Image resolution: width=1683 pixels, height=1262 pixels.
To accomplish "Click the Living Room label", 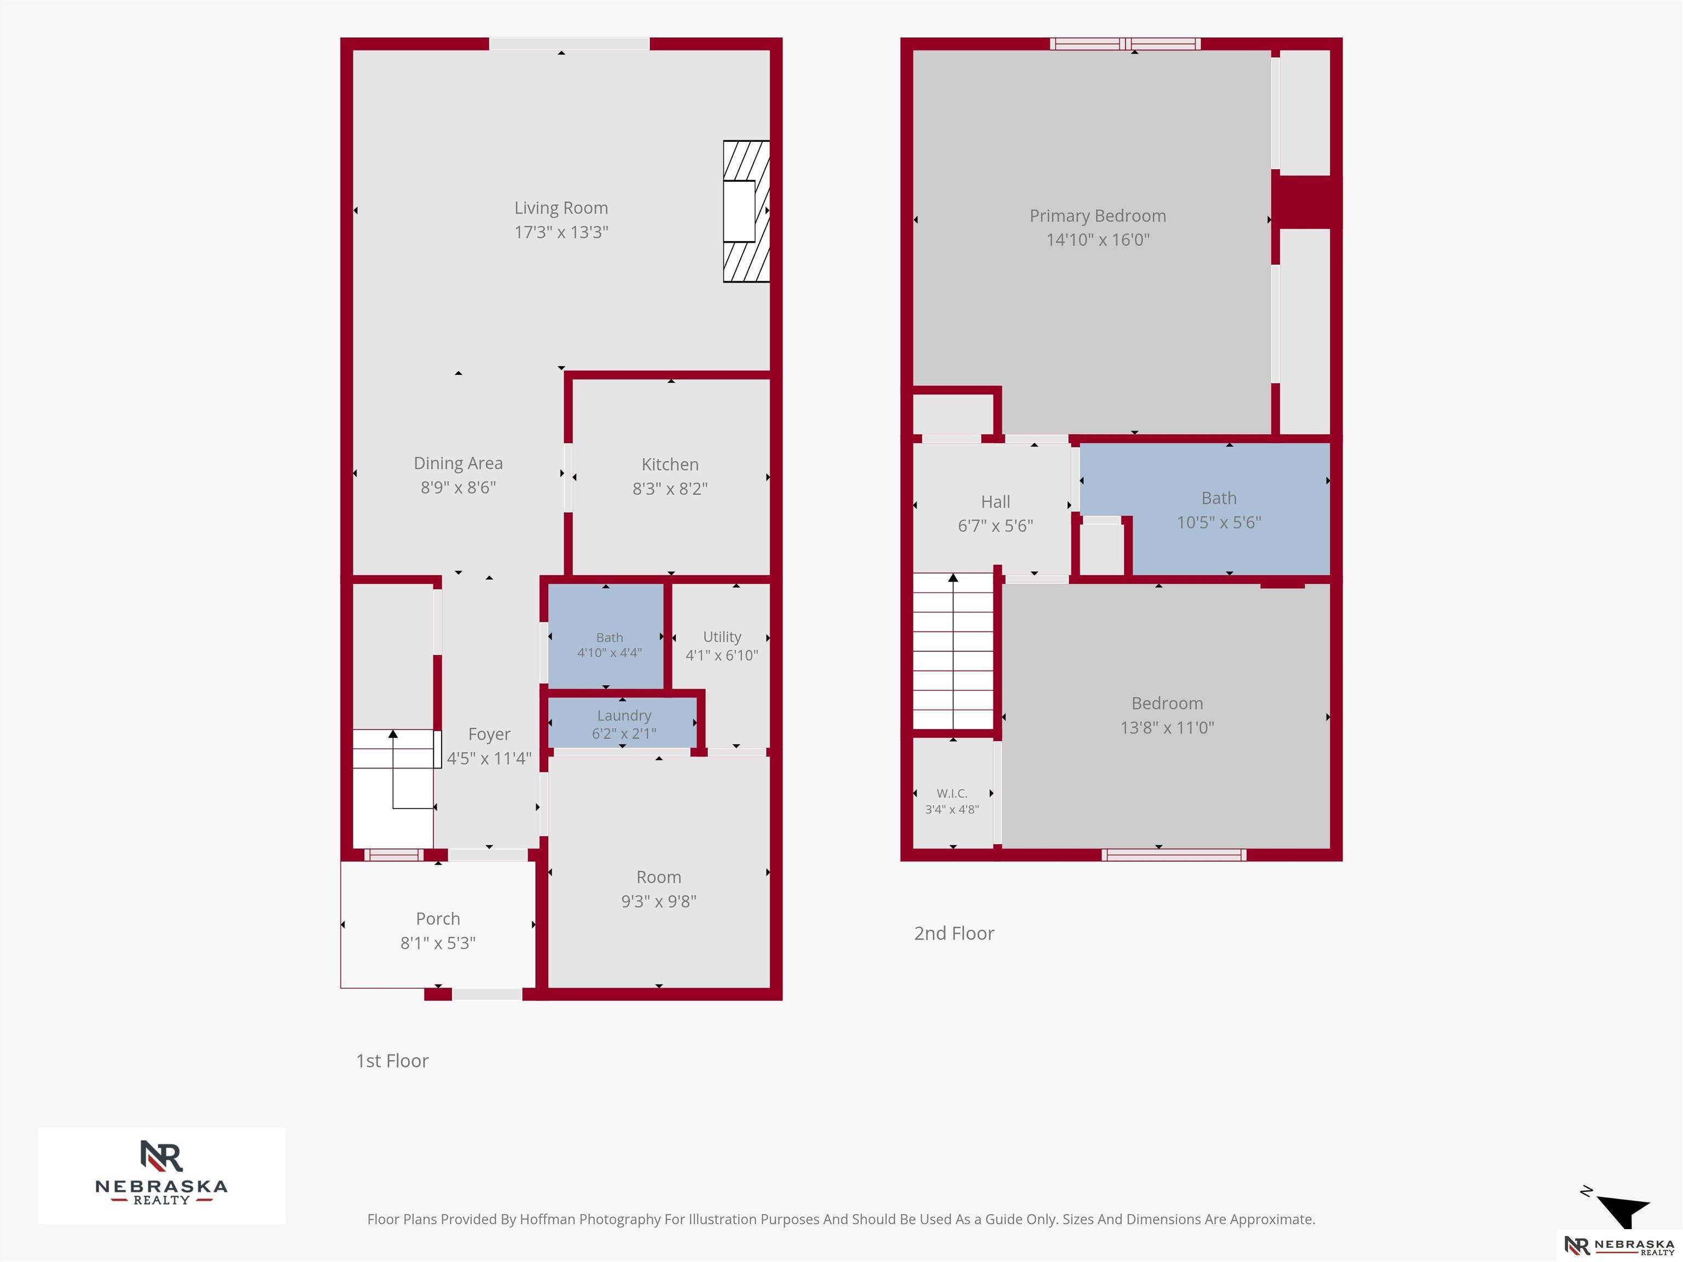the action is point(561,208).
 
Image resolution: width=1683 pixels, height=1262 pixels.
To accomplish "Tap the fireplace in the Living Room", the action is point(746,211).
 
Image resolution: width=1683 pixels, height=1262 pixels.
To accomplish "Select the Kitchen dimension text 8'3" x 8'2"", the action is point(669,489).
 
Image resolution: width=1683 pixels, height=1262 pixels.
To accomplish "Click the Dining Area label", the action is point(458,463).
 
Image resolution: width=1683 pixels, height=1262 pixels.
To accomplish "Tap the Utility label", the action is point(722,636).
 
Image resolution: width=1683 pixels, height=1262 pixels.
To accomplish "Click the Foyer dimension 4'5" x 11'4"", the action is point(489,759).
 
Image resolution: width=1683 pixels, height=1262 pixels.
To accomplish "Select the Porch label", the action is point(438,919).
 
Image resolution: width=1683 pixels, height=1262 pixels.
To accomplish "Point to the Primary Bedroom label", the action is point(1098,216).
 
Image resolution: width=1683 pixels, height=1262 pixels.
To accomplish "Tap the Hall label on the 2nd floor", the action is point(995,502).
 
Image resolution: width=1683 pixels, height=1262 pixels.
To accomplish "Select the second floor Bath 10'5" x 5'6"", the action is point(1219,509).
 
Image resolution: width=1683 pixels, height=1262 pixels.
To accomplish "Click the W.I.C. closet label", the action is point(952,794).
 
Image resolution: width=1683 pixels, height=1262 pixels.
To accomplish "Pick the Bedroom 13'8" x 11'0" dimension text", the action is point(1167,728).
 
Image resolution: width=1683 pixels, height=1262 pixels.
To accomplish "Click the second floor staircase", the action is point(953,651).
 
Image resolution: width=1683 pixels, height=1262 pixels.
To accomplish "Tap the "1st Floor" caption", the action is point(393,1060).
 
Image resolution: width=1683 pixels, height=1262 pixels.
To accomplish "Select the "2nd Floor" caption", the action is point(954,933).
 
